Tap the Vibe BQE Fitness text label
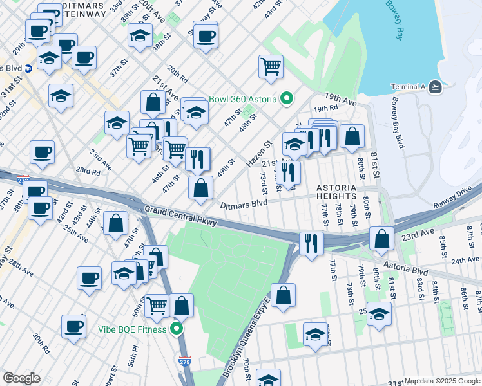point(132,329)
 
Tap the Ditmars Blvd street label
point(244,204)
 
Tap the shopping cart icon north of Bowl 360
point(271,66)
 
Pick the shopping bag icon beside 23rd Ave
point(382,237)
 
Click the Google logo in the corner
point(21,378)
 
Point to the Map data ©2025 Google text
point(442,381)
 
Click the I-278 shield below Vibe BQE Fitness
point(185,365)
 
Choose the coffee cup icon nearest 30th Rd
point(74,325)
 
